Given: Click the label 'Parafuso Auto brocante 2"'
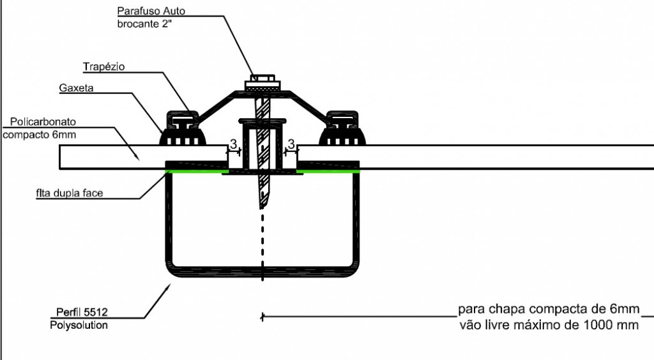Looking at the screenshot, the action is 151,17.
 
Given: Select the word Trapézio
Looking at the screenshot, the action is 104,66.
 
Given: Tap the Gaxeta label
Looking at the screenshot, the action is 77,88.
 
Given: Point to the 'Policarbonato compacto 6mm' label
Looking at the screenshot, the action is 40,128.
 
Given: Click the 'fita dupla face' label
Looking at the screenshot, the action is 69,193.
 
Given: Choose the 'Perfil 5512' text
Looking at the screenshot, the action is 82,312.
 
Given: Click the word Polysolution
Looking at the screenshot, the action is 79,326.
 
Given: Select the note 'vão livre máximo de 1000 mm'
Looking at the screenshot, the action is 549,325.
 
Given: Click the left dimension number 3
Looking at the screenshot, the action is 233,144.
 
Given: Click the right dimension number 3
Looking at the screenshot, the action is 291,144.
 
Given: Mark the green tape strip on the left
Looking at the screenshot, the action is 197,171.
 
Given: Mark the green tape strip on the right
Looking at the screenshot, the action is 328,171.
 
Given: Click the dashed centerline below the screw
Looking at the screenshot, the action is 262,247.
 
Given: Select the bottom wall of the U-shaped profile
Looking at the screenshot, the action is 262,272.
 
